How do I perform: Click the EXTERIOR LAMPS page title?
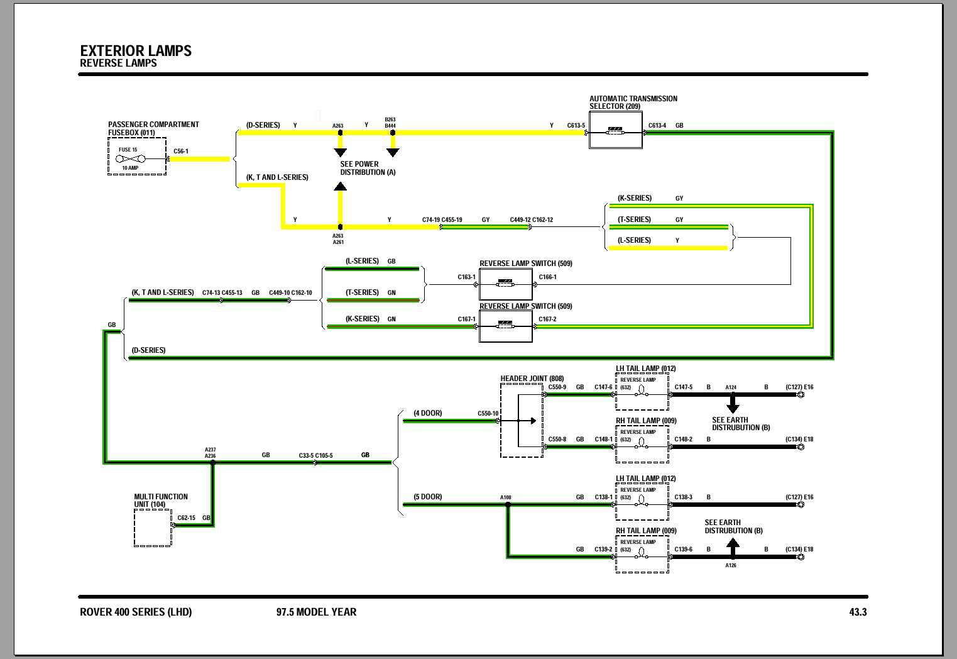click(x=136, y=51)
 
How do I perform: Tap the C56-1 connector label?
click(x=181, y=152)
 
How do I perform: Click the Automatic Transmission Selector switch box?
click(x=616, y=131)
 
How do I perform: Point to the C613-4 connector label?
click(x=657, y=126)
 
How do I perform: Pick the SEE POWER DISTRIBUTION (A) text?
click(x=368, y=168)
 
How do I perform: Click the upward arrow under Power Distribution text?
click(x=340, y=187)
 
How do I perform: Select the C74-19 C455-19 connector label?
click(x=442, y=220)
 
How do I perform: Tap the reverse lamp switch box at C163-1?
click(x=506, y=284)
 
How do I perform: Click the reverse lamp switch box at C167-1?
click(x=506, y=326)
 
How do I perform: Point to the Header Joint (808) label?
click(x=532, y=379)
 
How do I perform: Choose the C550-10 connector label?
click(x=488, y=414)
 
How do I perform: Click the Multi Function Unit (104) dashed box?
click(x=153, y=528)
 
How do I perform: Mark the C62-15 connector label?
click(x=187, y=518)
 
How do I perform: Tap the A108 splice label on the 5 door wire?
click(x=506, y=497)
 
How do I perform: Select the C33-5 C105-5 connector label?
click(x=316, y=455)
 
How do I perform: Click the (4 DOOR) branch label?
click(x=428, y=413)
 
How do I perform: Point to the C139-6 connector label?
click(x=684, y=550)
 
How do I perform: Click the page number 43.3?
click(x=858, y=612)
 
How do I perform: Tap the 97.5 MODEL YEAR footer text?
click(x=316, y=612)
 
